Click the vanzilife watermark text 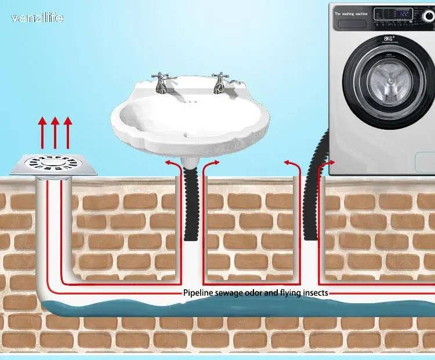37,18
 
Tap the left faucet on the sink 161,83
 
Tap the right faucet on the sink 219,83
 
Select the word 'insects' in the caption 314,293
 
